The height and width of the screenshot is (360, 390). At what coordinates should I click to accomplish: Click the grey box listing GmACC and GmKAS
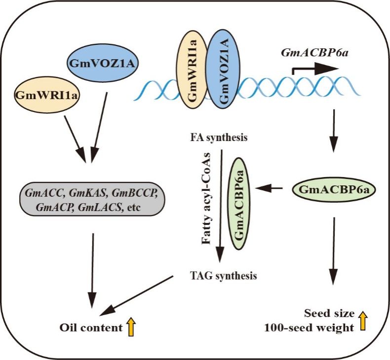(92, 199)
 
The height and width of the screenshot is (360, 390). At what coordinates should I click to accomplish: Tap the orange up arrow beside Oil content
(131, 326)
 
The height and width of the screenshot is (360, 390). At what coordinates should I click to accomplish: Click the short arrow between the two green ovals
(272, 188)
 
